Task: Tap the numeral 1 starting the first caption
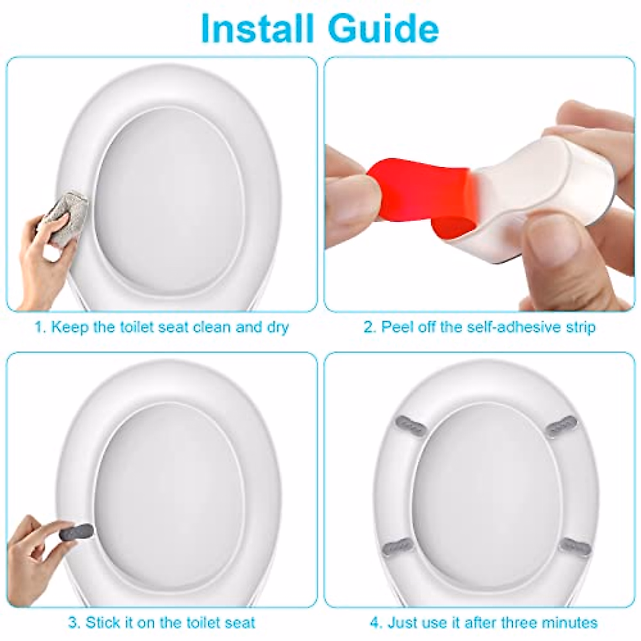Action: point(38,327)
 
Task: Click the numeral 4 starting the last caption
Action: point(374,623)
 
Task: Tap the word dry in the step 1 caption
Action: point(277,327)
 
